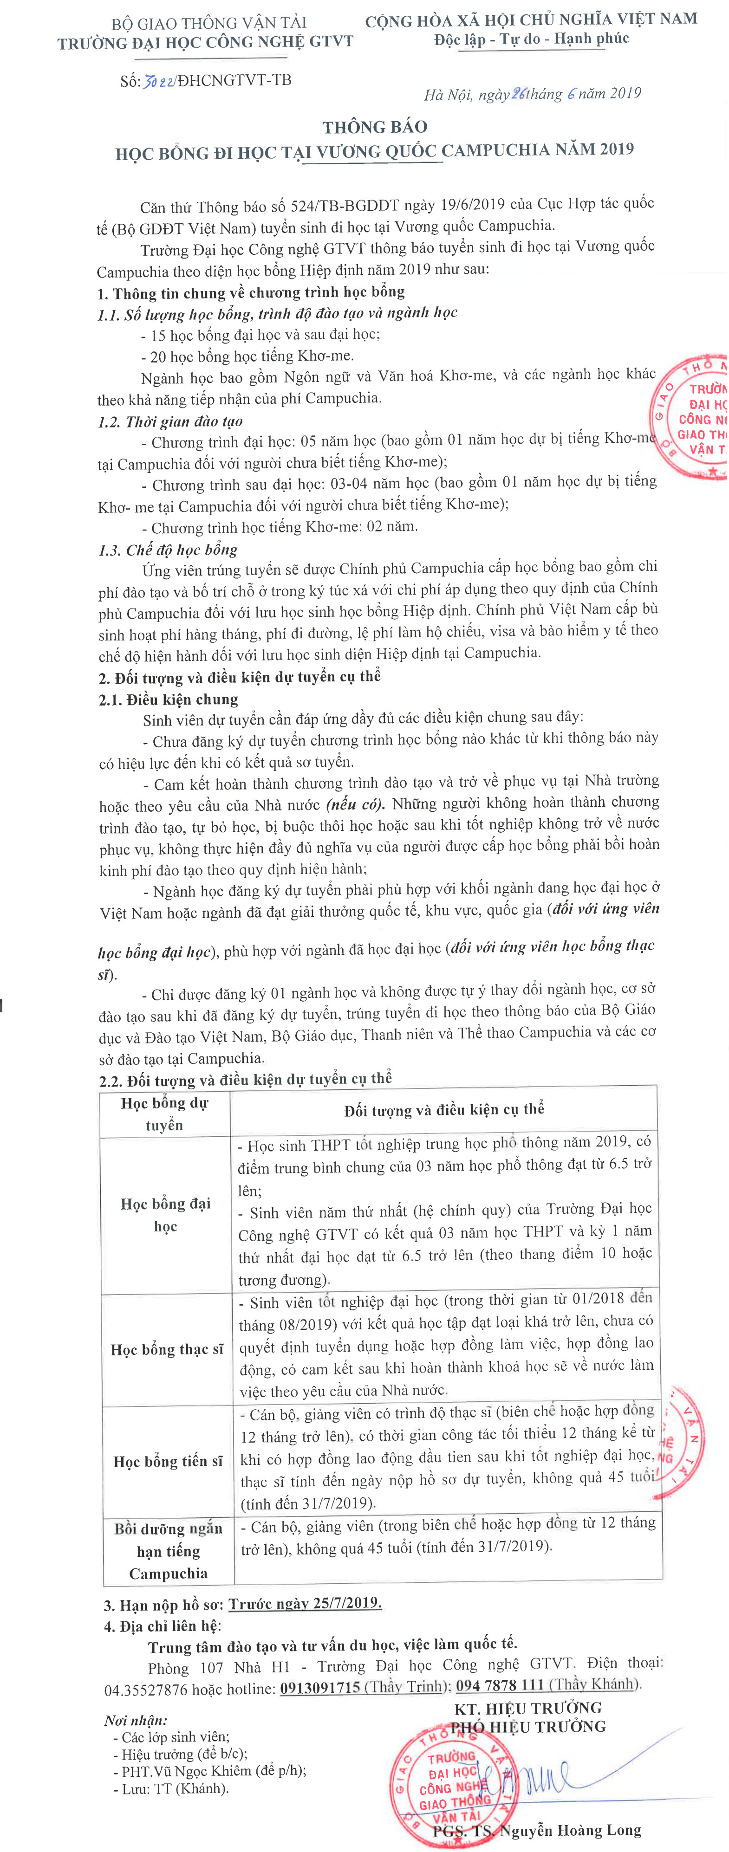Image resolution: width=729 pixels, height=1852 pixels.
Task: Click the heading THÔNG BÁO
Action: (x=375, y=127)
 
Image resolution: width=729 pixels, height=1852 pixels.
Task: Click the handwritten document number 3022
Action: (x=159, y=81)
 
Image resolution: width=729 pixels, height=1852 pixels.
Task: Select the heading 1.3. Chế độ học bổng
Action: (x=168, y=550)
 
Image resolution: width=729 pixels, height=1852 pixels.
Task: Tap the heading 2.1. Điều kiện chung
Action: (x=168, y=699)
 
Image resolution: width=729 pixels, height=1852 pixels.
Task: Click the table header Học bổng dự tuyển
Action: (x=165, y=1114)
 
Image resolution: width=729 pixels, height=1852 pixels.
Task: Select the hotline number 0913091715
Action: (x=320, y=1687)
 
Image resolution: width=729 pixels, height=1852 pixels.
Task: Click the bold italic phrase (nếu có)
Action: (x=355, y=804)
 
